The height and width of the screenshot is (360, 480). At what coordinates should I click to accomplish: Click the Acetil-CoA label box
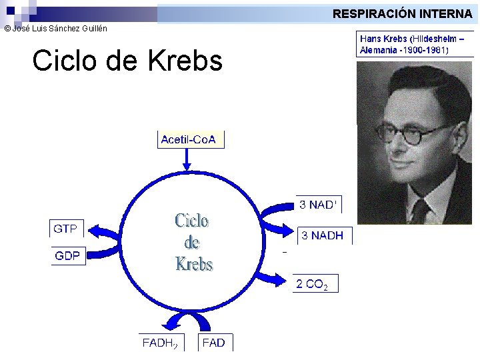[189, 139]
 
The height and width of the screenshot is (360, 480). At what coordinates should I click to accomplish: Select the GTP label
[65, 229]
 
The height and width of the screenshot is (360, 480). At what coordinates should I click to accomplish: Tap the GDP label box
[68, 256]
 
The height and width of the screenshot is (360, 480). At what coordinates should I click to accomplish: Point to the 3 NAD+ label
[318, 205]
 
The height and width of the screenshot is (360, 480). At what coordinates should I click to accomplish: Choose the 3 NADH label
[323, 235]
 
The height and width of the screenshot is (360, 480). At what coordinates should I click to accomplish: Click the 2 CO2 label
[311, 284]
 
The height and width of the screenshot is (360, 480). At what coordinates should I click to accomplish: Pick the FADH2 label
[159, 343]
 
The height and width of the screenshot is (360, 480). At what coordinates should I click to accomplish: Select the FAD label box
[213, 343]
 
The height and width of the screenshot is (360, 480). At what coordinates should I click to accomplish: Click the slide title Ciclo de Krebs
[127, 61]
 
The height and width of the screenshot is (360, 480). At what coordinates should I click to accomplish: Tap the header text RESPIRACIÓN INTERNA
[402, 13]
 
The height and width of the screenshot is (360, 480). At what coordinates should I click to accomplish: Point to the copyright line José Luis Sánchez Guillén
[55, 29]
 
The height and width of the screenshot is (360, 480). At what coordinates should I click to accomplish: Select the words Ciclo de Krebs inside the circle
[193, 242]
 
